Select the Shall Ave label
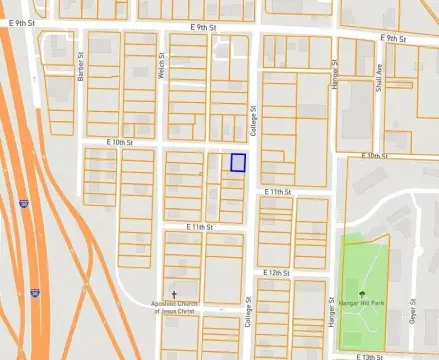click(x=379, y=78)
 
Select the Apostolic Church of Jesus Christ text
click(x=183, y=306)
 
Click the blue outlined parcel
click(x=238, y=162)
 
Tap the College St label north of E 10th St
click(x=254, y=121)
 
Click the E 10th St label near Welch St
click(x=122, y=143)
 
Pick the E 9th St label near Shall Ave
click(x=396, y=38)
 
